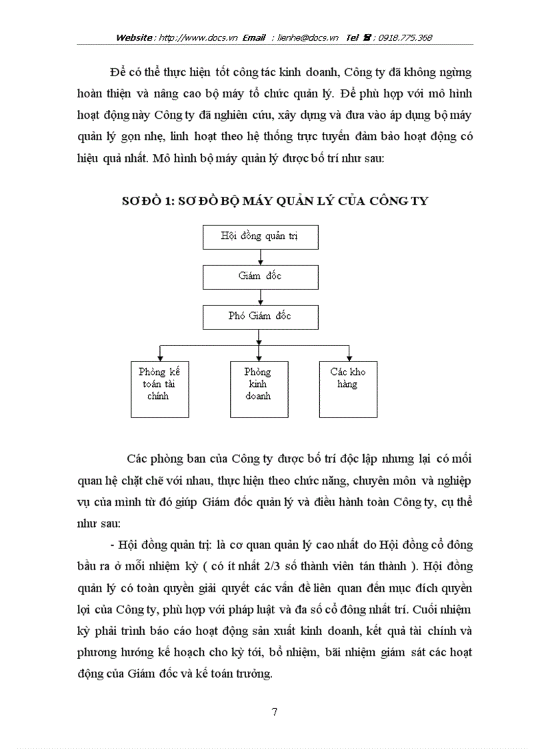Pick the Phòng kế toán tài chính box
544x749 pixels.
click(160, 389)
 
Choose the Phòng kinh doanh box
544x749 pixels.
click(258, 389)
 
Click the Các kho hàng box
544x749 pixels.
click(348, 389)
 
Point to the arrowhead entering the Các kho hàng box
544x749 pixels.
click(349, 358)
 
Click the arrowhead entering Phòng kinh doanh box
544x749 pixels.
click(258, 358)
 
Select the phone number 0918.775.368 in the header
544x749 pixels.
click(405, 38)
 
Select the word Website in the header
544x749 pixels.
click(135, 38)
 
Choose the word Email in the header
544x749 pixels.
click(255, 38)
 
